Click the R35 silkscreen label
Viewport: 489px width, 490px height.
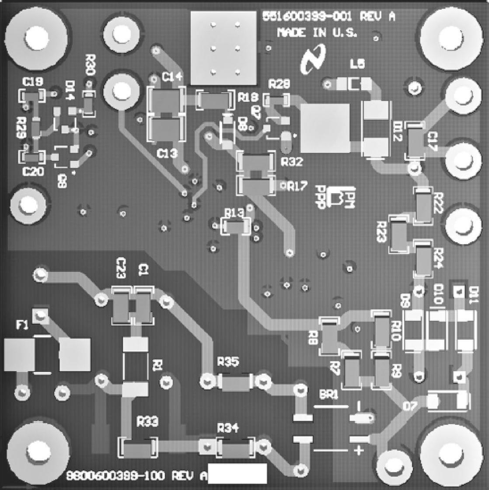[228, 362]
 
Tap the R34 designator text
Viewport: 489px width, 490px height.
[228, 429]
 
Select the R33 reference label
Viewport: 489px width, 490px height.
[147, 422]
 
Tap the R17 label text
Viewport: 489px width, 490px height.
[296, 187]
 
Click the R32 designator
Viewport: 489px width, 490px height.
[292, 162]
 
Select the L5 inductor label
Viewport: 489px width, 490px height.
[357, 64]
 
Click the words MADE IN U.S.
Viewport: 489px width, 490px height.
[317, 33]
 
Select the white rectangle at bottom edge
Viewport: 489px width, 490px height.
[238, 474]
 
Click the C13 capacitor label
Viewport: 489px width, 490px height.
[167, 153]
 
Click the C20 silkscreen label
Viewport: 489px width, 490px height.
[33, 172]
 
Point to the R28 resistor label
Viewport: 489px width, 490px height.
[279, 84]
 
